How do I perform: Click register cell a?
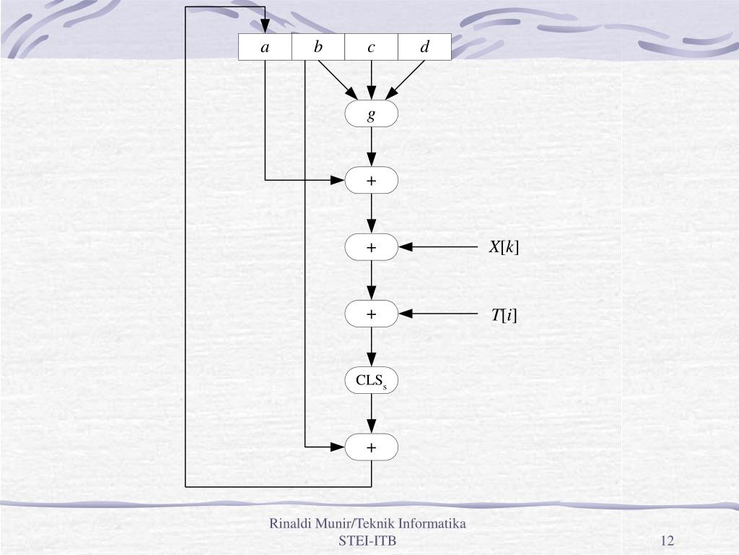coord(265,47)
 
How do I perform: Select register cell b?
coord(318,47)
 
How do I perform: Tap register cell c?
coord(371,47)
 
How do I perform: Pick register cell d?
coord(424,47)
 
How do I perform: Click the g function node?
coord(371,114)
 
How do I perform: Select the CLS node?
coord(371,381)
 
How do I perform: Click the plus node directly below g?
coord(371,181)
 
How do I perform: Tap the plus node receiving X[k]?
coord(371,247)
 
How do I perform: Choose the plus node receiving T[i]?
coord(371,314)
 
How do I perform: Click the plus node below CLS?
coord(371,447)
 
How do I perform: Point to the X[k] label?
coord(504,247)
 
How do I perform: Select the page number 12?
coord(666,541)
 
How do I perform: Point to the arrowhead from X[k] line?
coord(406,247)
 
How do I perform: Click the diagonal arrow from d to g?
coord(406,79)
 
